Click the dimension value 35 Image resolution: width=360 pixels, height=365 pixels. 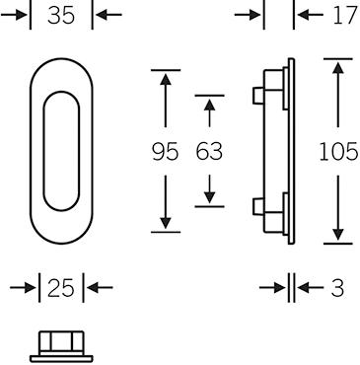(61, 15)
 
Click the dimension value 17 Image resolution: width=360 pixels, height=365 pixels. (345, 15)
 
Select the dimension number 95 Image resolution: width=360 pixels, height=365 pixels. (166, 151)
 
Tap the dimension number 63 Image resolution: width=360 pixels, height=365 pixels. (209, 151)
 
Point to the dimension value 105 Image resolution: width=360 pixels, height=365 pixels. (338, 152)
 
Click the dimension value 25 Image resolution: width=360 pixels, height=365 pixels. (61, 288)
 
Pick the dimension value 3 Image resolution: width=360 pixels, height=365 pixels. (337, 288)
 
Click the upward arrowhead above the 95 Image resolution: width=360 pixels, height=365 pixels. (166, 80)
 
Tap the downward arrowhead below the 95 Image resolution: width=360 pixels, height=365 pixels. (166, 223)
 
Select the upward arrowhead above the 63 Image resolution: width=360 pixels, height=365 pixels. (209, 105)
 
